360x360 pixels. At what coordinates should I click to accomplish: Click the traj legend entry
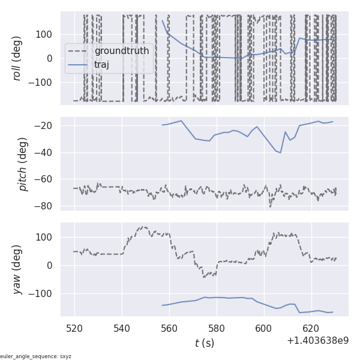102,64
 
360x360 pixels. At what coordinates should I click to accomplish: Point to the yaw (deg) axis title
18,269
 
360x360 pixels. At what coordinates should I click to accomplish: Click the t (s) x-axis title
204,343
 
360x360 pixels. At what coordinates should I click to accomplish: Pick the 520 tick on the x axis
75,329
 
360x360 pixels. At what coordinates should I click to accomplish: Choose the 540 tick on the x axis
122,329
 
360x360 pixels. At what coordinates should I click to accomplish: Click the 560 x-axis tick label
169,329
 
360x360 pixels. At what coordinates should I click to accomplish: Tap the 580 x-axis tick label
217,329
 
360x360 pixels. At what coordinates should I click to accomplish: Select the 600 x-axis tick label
263,329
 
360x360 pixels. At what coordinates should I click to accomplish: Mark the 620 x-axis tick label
311,329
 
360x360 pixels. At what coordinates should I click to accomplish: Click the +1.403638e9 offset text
317,341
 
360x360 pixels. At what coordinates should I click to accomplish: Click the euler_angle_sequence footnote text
36,356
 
